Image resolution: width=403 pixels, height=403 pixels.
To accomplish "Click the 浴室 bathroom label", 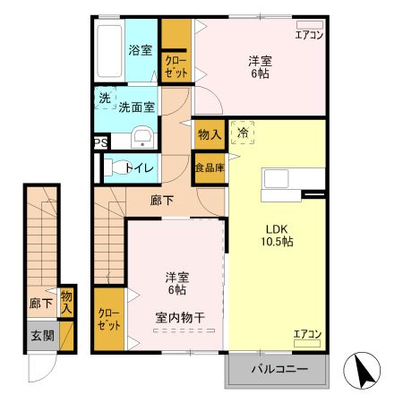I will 140,50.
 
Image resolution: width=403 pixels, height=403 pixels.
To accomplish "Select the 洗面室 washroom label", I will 136,107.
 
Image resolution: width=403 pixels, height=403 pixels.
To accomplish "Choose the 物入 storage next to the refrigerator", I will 209,135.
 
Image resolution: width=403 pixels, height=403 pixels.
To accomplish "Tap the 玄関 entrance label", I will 42,336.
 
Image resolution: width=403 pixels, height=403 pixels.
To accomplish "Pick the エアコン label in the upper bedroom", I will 309,35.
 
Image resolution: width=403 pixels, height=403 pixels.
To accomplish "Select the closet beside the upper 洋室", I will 175,60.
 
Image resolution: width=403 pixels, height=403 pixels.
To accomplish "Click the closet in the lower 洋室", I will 108,319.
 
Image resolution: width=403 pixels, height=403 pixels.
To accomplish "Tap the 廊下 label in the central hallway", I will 162,201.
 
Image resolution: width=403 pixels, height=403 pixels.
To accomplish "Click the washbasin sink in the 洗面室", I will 141,137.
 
